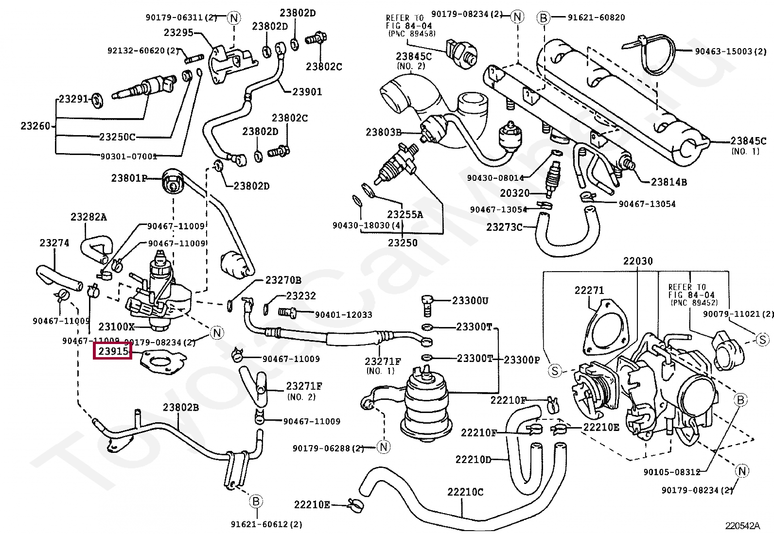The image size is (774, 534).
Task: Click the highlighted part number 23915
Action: pyautogui.click(x=113, y=351)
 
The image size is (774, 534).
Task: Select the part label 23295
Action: pyautogui.click(x=178, y=33)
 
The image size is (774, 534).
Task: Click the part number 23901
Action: pyautogui.click(x=307, y=91)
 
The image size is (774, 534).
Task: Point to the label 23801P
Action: pyautogui.click(x=129, y=178)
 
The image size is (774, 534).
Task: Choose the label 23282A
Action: pyautogui.click(x=88, y=217)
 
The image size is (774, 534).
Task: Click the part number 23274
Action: pyautogui.click(x=54, y=242)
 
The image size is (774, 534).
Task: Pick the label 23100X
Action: pyautogui.click(x=117, y=327)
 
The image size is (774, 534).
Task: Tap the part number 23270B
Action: pyautogui.click(x=283, y=280)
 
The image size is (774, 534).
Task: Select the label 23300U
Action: pyautogui.click(x=470, y=301)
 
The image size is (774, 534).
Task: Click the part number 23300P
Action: pyautogui.click(x=522, y=360)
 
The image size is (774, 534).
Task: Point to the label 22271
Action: pyautogui.click(x=589, y=290)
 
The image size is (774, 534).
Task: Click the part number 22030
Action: pyautogui.click(x=638, y=261)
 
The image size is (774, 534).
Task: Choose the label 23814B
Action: pyautogui.click(x=669, y=182)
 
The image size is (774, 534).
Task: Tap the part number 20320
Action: pyautogui.click(x=515, y=193)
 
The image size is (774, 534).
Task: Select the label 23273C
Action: pyautogui.click(x=505, y=227)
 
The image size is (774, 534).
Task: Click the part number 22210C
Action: pyautogui.click(x=466, y=492)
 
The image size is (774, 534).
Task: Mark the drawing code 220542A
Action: pyautogui.click(x=743, y=526)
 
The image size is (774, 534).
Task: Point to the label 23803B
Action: pyautogui.click(x=384, y=132)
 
